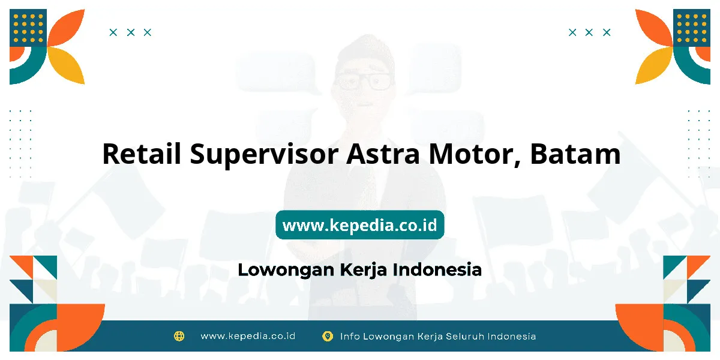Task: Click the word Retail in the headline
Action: [x=142, y=154]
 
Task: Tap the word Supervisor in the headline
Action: [x=264, y=155]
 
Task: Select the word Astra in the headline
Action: [x=383, y=154]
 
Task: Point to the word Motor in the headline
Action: [x=475, y=154]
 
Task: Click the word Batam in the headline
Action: [x=575, y=154]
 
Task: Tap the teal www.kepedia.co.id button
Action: [x=359, y=224]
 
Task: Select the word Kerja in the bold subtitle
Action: [x=363, y=270]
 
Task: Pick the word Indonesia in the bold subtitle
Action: [x=437, y=269]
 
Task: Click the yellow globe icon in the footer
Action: [x=179, y=336]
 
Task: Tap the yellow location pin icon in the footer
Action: [x=328, y=336]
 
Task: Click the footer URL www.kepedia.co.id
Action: [x=248, y=336]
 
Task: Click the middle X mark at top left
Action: [x=131, y=32]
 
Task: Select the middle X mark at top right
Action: [x=589, y=32]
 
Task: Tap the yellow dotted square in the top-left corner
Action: [x=28, y=28]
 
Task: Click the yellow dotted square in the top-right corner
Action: [x=692, y=28]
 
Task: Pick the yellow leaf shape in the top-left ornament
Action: [x=67, y=65]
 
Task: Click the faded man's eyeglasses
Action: [x=364, y=81]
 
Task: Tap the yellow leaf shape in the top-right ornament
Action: [x=653, y=65]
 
